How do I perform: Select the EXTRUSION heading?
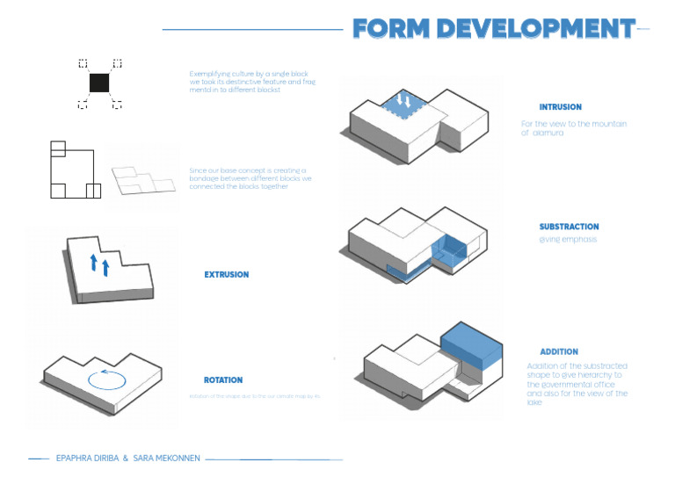227,275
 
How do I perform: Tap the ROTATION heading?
223,380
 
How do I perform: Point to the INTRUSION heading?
561,107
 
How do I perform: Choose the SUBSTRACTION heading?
570,227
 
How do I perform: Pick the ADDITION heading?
559,352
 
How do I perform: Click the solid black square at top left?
99,83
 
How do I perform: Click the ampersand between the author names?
126,459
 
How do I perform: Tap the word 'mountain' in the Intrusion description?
607,124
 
